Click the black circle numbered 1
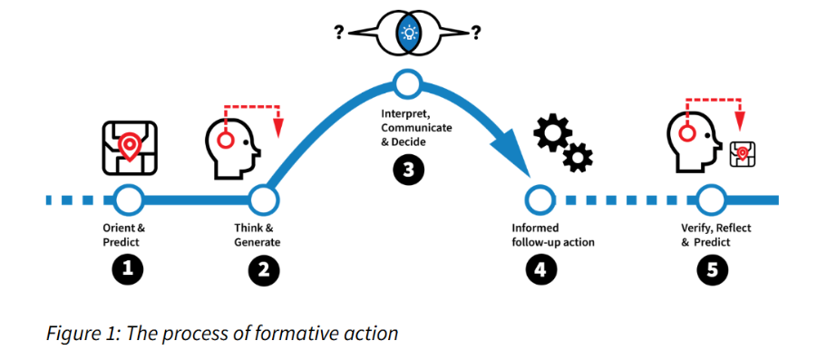(x=128, y=269)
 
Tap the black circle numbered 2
(x=264, y=271)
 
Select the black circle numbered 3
(x=409, y=169)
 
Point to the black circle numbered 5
(x=713, y=269)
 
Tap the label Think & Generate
(x=258, y=235)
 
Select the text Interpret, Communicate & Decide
(x=416, y=128)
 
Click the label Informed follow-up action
(x=553, y=235)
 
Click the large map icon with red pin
(x=130, y=148)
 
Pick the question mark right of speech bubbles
(x=476, y=34)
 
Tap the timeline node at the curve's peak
(x=408, y=84)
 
